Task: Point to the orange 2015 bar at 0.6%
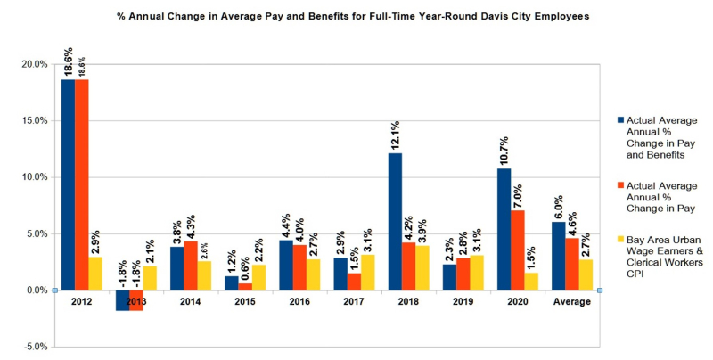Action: [x=245, y=286]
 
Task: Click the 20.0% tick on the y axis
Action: [x=35, y=64]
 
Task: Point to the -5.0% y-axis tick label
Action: [x=35, y=347]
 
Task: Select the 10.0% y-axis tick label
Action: [x=35, y=177]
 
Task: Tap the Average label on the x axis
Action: [x=572, y=302]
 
